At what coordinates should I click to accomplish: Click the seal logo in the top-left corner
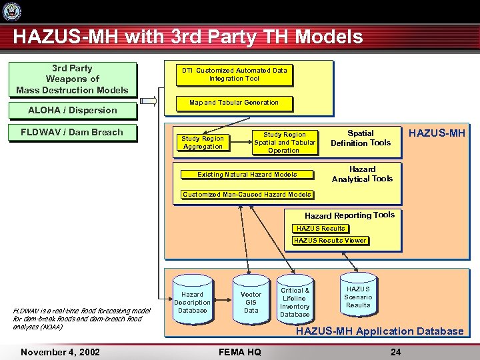[x=12, y=11]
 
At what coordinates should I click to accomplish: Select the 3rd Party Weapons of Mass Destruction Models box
[x=72, y=79]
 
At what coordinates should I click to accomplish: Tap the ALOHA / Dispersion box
[x=72, y=110]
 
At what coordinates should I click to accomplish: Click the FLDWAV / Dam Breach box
[x=72, y=132]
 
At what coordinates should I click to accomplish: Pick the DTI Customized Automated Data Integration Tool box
[x=234, y=75]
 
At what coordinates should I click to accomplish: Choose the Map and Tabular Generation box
[x=234, y=103]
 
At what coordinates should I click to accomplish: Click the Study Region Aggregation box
[x=203, y=143]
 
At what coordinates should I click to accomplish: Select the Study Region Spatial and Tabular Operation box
[x=285, y=142]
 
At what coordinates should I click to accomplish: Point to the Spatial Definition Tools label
[x=361, y=138]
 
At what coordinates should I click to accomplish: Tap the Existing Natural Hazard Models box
[x=247, y=175]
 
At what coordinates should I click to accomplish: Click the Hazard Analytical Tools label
[x=362, y=174]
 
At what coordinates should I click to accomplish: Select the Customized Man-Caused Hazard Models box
[x=247, y=195]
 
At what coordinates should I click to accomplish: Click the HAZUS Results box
[x=321, y=229]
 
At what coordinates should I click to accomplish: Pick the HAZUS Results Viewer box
[x=330, y=241]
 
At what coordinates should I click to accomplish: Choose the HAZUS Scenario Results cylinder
[x=358, y=297]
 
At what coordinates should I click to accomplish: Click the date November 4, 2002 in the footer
[x=60, y=352]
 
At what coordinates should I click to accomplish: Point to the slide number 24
[x=395, y=352]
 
